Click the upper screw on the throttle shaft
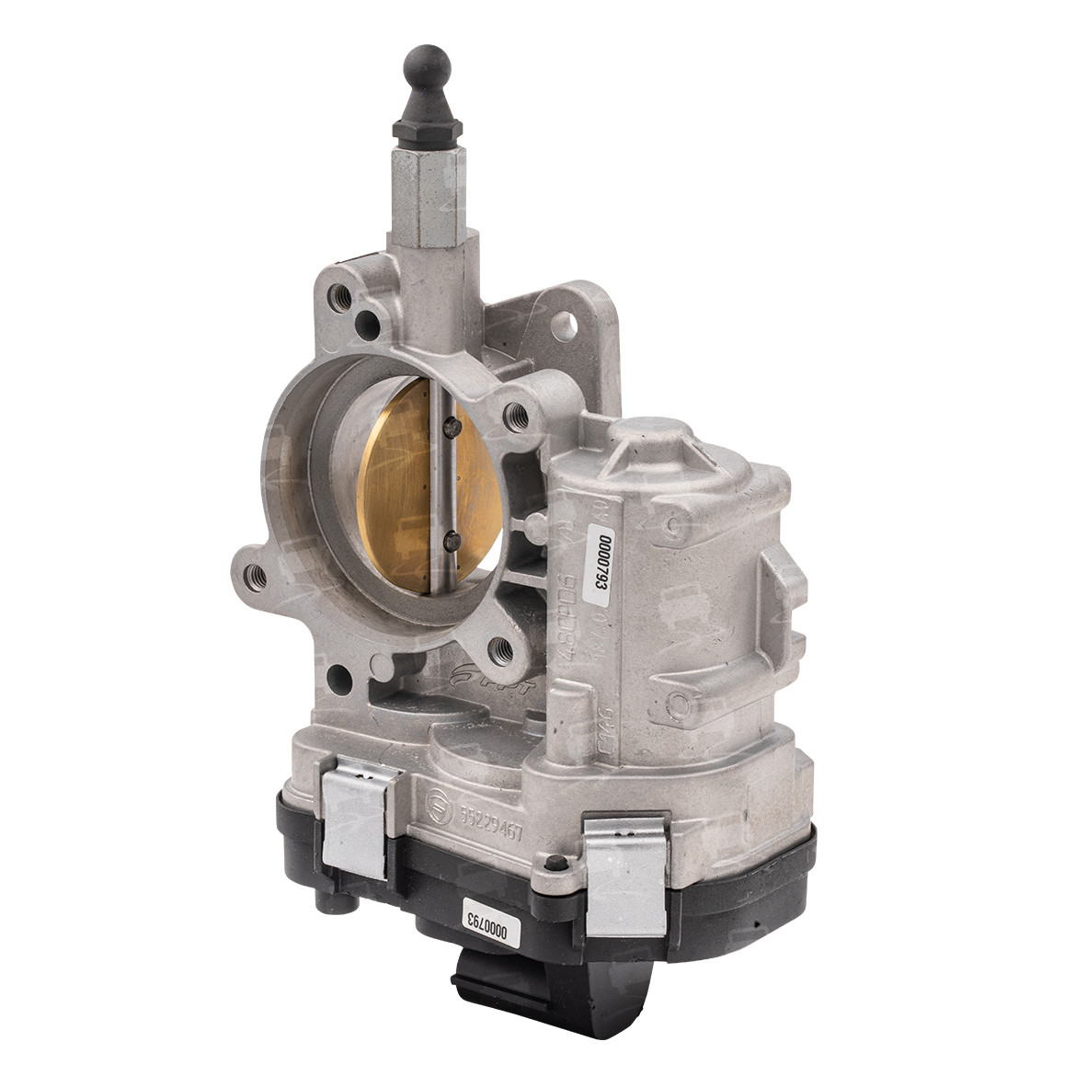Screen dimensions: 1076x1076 tap(452, 425)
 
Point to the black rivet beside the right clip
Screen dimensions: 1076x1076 tap(554, 864)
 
